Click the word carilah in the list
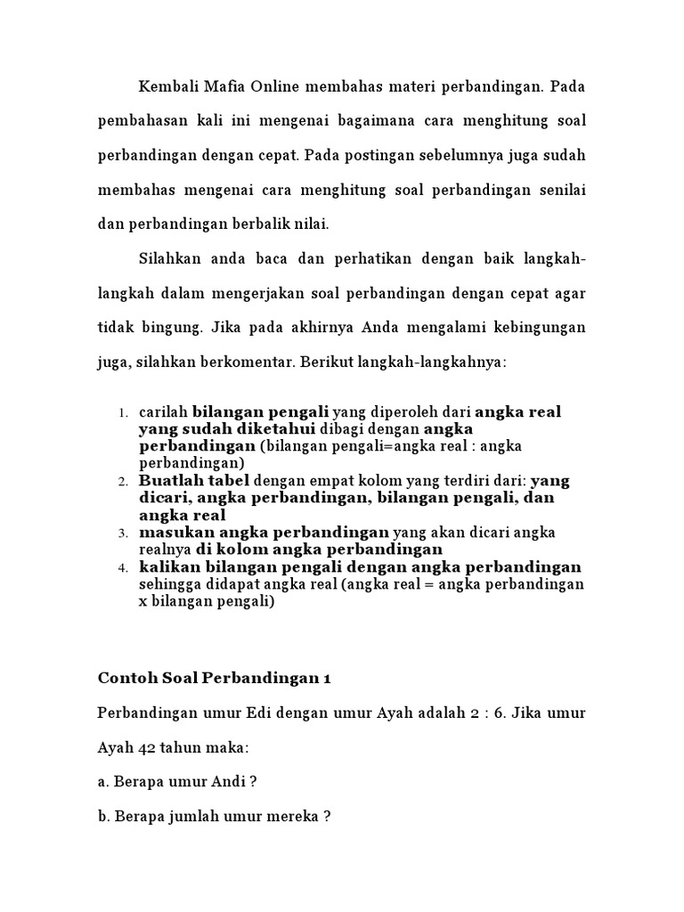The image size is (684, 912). [163, 412]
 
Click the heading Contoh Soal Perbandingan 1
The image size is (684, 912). [214, 678]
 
